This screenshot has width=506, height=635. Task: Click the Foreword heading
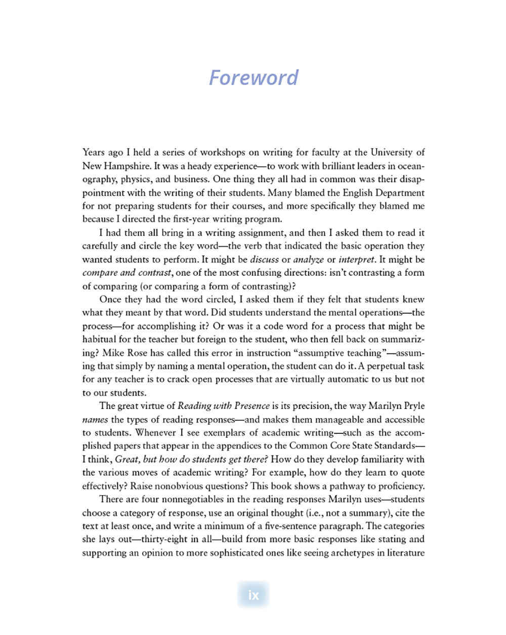[254, 78]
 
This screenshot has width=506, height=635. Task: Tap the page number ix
[254, 594]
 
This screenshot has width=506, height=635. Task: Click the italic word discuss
[265, 259]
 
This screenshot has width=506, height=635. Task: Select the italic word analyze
[308, 259]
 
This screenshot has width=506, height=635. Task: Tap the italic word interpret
[357, 259]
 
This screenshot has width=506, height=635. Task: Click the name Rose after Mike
[136, 353]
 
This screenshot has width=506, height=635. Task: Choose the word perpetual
[385, 366]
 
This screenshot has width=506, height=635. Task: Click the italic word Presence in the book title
[252, 405]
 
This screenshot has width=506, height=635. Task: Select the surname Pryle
[413, 405]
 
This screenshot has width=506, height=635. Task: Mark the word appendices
[243, 445]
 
